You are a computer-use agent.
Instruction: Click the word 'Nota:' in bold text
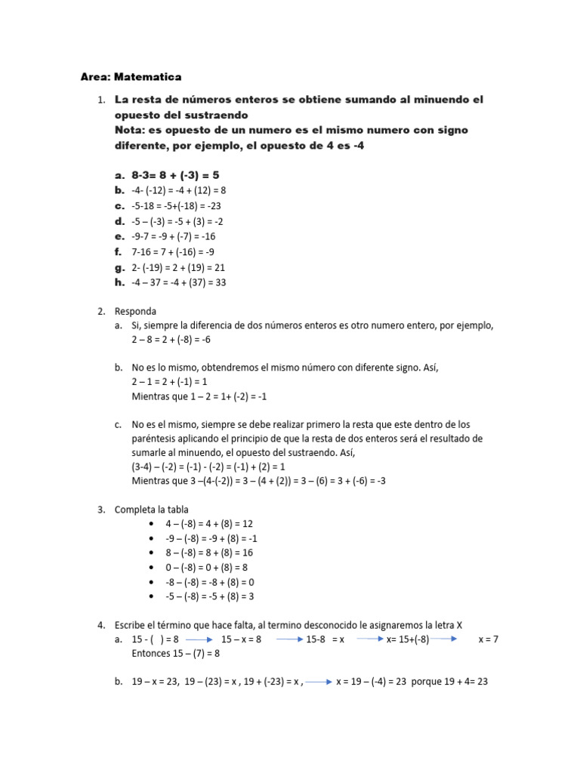[133, 130]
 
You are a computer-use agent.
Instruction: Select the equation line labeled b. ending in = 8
[179, 190]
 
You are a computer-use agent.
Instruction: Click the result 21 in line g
[219, 267]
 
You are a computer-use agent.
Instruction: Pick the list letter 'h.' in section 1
[119, 282]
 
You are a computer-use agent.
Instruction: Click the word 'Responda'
[136, 310]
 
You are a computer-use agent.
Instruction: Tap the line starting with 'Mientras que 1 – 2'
[199, 396]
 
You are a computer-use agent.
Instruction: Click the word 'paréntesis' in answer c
[156, 439]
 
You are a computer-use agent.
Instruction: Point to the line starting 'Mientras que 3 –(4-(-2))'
[258, 480]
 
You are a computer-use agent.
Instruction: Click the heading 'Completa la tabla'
[152, 509]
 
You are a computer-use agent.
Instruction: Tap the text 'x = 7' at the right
[489, 639]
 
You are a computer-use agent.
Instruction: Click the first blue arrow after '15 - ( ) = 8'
[198, 639]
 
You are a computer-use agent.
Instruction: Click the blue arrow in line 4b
[319, 682]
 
